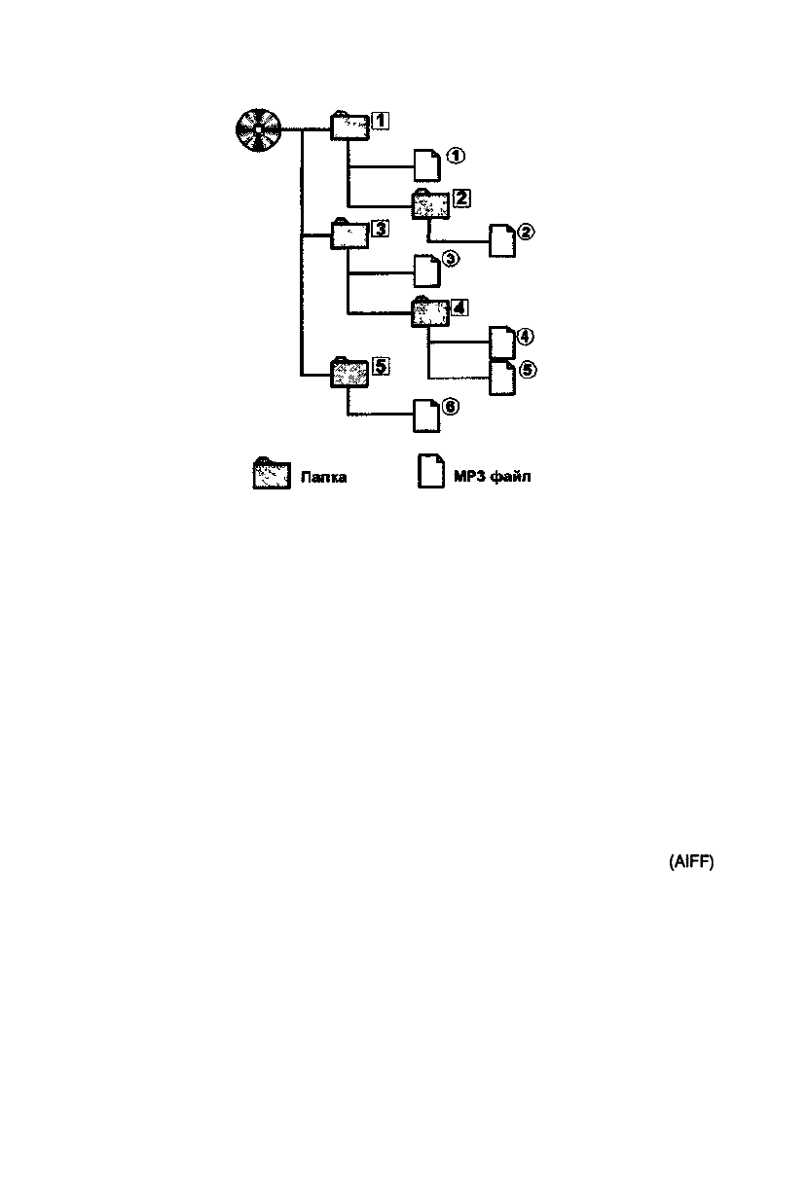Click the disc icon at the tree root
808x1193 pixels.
click(258, 129)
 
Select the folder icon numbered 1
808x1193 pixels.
click(349, 126)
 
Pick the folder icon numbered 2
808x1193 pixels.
click(429, 204)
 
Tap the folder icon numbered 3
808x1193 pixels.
click(349, 235)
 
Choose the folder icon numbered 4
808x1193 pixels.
click(429, 312)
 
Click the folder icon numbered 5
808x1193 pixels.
click(349, 372)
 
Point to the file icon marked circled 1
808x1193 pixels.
click(427, 164)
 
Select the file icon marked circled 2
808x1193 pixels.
click(502, 239)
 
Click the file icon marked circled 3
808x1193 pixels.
click(427, 269)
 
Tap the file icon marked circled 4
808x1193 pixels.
click(502, 343)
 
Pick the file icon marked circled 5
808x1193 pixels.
click(502, 377)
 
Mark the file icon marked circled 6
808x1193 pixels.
click(427, 416)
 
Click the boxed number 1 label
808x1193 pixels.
click(381, 120)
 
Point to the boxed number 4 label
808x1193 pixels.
click(459, 307)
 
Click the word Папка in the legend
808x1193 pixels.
click(324, 477)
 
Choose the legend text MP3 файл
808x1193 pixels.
click(493, 477)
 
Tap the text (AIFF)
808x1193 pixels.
click(691, 862)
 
